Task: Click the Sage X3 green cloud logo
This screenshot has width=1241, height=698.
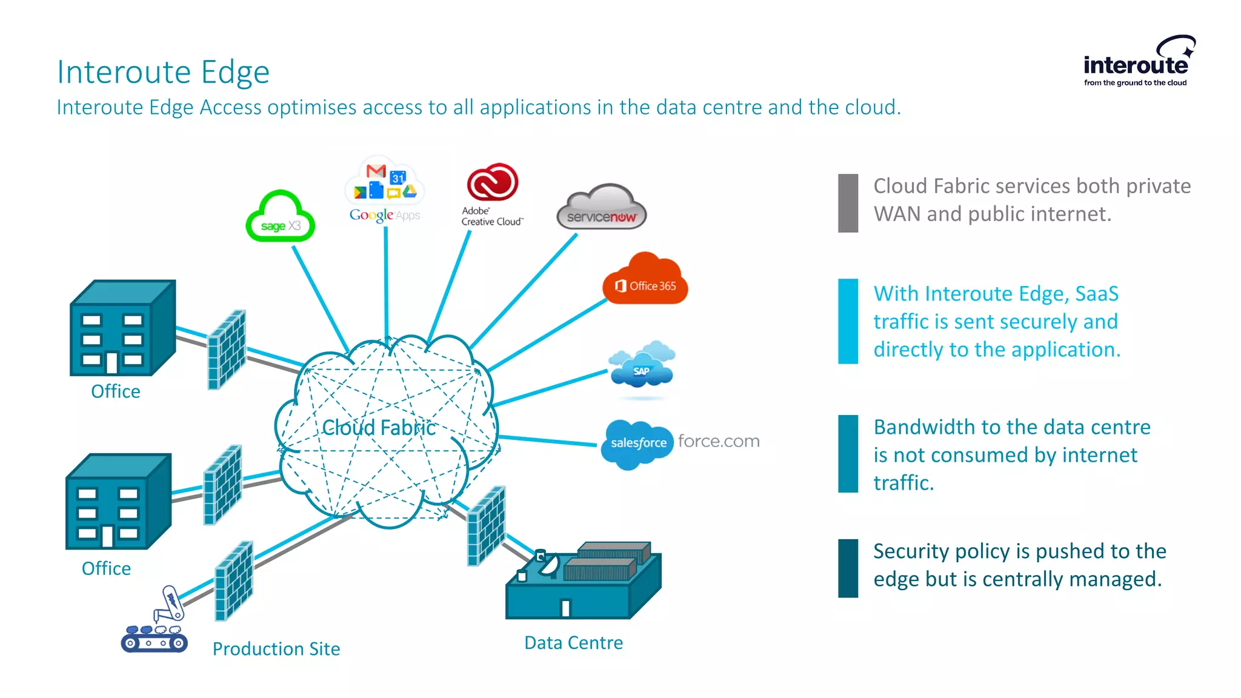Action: (x=281, y=218)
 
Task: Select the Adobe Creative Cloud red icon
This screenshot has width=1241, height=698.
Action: (x=492, y=182)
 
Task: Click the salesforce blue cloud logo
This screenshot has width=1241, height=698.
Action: (x=637, y=444)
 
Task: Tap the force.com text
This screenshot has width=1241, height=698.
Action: (x=719, y=441)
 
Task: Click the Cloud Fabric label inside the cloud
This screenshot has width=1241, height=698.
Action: (x=379, y=428)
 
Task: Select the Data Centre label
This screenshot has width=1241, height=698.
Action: (x=573, y=643)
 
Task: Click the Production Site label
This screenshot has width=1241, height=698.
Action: (x=276, y=649)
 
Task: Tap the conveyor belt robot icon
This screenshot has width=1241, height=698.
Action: (x=155, y=621)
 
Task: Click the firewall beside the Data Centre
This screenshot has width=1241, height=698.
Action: (x=486, y=526)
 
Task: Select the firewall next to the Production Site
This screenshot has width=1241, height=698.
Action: (x=234, y=581)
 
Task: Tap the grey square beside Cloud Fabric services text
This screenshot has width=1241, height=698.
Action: (x=848, y=203)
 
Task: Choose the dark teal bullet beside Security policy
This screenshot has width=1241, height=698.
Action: (x=848, y=568)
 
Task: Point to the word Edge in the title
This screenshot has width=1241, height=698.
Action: (x=235, y=73)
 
